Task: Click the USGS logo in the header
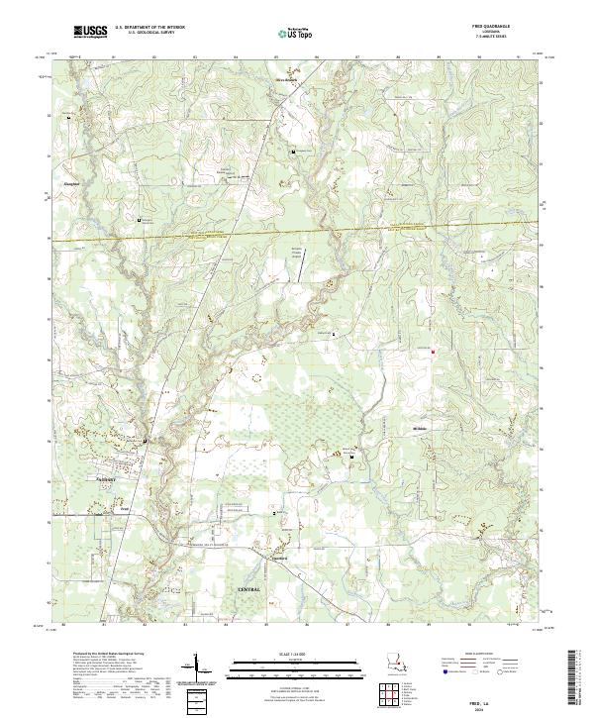(x=88, y=33)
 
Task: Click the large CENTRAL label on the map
(x=252, y=589)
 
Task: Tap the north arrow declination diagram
(x=198, y=669)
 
